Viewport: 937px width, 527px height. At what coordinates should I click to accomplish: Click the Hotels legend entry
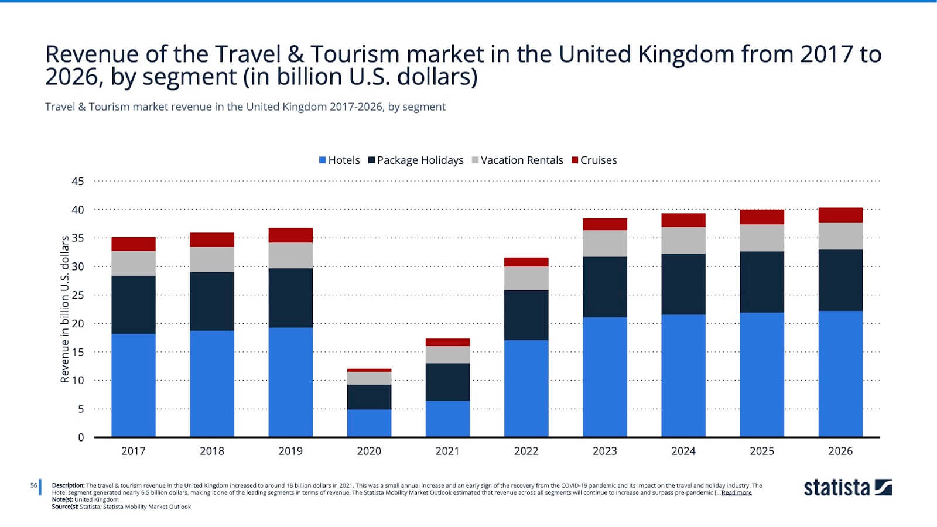(340, 160)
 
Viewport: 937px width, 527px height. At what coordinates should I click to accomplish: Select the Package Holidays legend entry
(416, 160)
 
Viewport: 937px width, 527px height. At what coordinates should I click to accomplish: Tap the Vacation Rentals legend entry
(518, 160)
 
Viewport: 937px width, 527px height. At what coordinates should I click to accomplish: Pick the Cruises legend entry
(594, 160)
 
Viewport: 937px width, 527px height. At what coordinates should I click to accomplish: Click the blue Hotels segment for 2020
(369, 423)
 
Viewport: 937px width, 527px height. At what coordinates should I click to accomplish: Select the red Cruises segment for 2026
(840, 215)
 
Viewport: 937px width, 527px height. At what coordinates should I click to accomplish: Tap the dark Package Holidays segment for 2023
(604, 287)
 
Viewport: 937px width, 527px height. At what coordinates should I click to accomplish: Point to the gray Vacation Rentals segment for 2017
(134, 263)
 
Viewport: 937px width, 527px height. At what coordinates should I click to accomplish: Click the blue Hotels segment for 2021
(447, 419)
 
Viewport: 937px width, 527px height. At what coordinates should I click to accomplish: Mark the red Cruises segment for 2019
(290, 235)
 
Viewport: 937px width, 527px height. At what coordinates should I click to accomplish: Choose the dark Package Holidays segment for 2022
(526, 315)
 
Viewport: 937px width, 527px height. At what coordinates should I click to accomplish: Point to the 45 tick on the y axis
(78, 182)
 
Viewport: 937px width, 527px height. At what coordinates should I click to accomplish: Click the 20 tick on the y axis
(78, 324)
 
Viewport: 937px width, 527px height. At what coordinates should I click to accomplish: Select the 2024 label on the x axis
(683, 451)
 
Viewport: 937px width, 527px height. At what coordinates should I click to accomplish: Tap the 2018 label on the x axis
(212, 451)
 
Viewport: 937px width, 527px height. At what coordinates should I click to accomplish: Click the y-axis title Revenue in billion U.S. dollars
(65, 309)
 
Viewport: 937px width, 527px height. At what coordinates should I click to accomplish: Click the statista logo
(847, 488)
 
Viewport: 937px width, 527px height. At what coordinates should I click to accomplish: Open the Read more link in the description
(736, 493)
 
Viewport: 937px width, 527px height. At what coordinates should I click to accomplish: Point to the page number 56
(34, 485)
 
